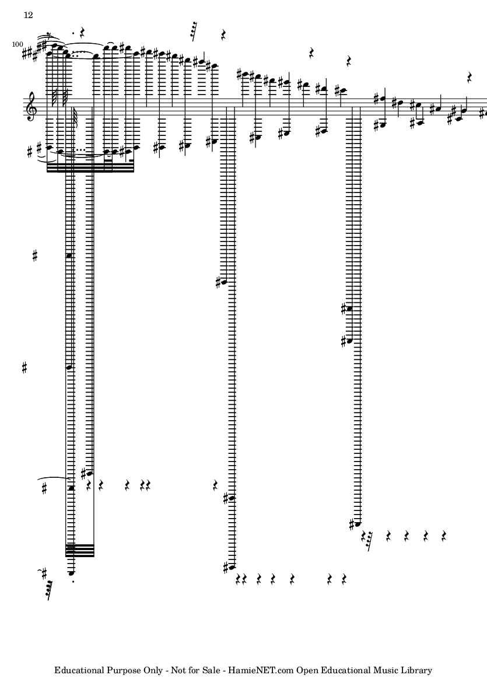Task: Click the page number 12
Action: point(27,15)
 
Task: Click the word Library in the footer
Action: point(416,670)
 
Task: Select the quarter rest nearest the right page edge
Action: point(470,78)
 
